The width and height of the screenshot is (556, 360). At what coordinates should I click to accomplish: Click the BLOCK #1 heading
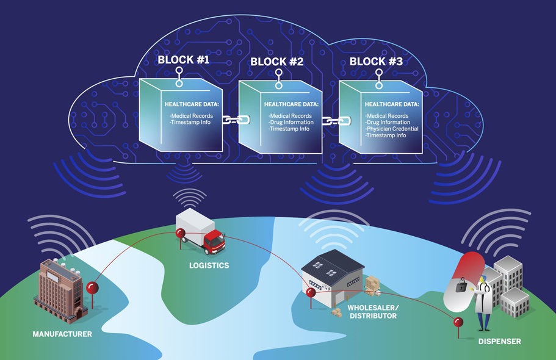point(183,60)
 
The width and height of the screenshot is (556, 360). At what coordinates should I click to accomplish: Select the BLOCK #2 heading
point(276,62)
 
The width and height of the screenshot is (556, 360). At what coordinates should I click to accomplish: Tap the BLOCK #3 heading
point(376,62)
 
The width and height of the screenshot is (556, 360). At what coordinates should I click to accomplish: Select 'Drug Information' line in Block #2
point(291,122)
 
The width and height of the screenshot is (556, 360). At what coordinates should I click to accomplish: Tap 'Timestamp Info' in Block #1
point(191,122)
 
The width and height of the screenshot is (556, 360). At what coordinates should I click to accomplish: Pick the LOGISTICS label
point(209,265)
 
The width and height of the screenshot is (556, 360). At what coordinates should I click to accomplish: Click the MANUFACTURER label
point(62,334)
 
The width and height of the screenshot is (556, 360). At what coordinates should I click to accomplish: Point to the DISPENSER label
point(499,342)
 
